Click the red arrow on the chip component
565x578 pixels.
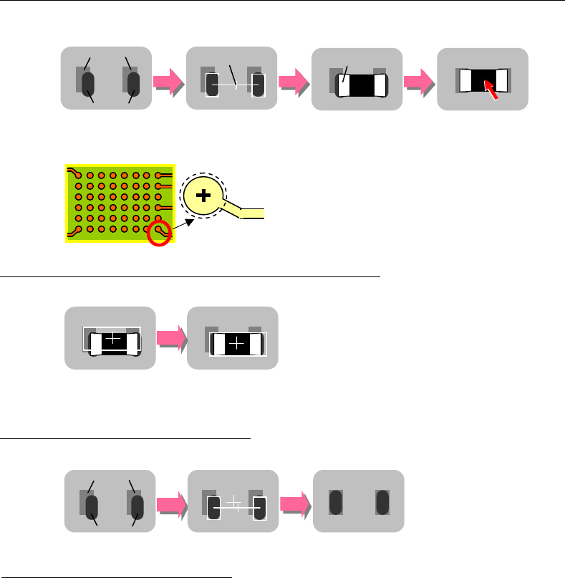[x=491, y=89]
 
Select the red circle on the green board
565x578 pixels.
[x=158, y=233]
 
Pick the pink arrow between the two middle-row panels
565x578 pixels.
[x=170, y=339]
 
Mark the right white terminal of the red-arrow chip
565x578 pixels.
[x=501, y=79]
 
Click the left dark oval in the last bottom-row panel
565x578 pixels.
[x=334, y=501]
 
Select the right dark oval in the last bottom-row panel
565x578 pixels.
[x=382, y=501]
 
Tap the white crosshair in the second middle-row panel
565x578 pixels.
[x=238, y=345]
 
